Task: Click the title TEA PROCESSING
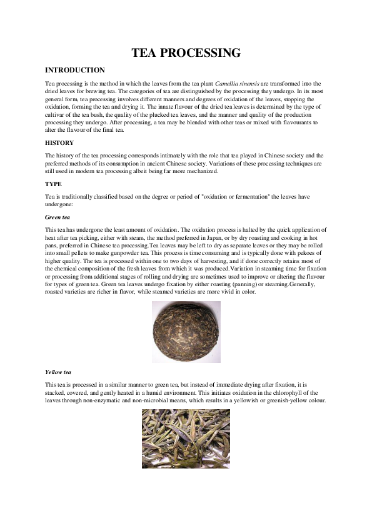click(x=186, y=53)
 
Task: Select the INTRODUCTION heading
click(x=75, y=71)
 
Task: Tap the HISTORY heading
click(x=59, y=143)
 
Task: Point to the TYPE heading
click(x=53, y=185)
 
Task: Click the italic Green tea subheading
click(x=58, y=218)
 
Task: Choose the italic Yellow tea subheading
click(x=59, y=372)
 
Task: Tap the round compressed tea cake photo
click(x=186, y=332)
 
